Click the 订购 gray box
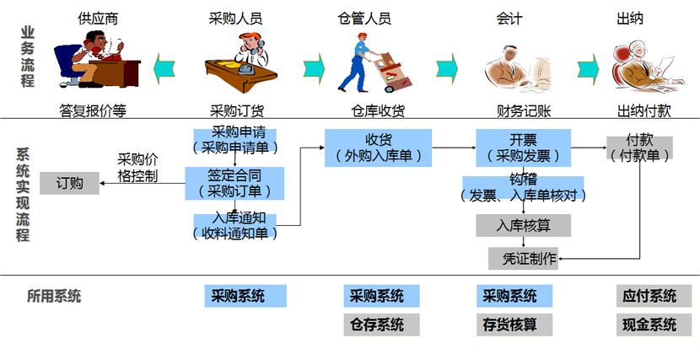(x=69, y=183)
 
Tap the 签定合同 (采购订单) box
(x=234, y=182)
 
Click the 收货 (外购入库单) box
(x=378, y=147)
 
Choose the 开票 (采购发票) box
(x=523, y=147)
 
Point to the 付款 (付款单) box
(x=639, y=148)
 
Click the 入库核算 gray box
(x=523, y=225)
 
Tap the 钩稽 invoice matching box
(x=523, y=187)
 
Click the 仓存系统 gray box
(x=377, y=325)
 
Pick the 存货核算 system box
(x=509, y=325)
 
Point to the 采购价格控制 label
(x=137, y=168)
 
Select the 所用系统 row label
(x=54, y=296)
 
